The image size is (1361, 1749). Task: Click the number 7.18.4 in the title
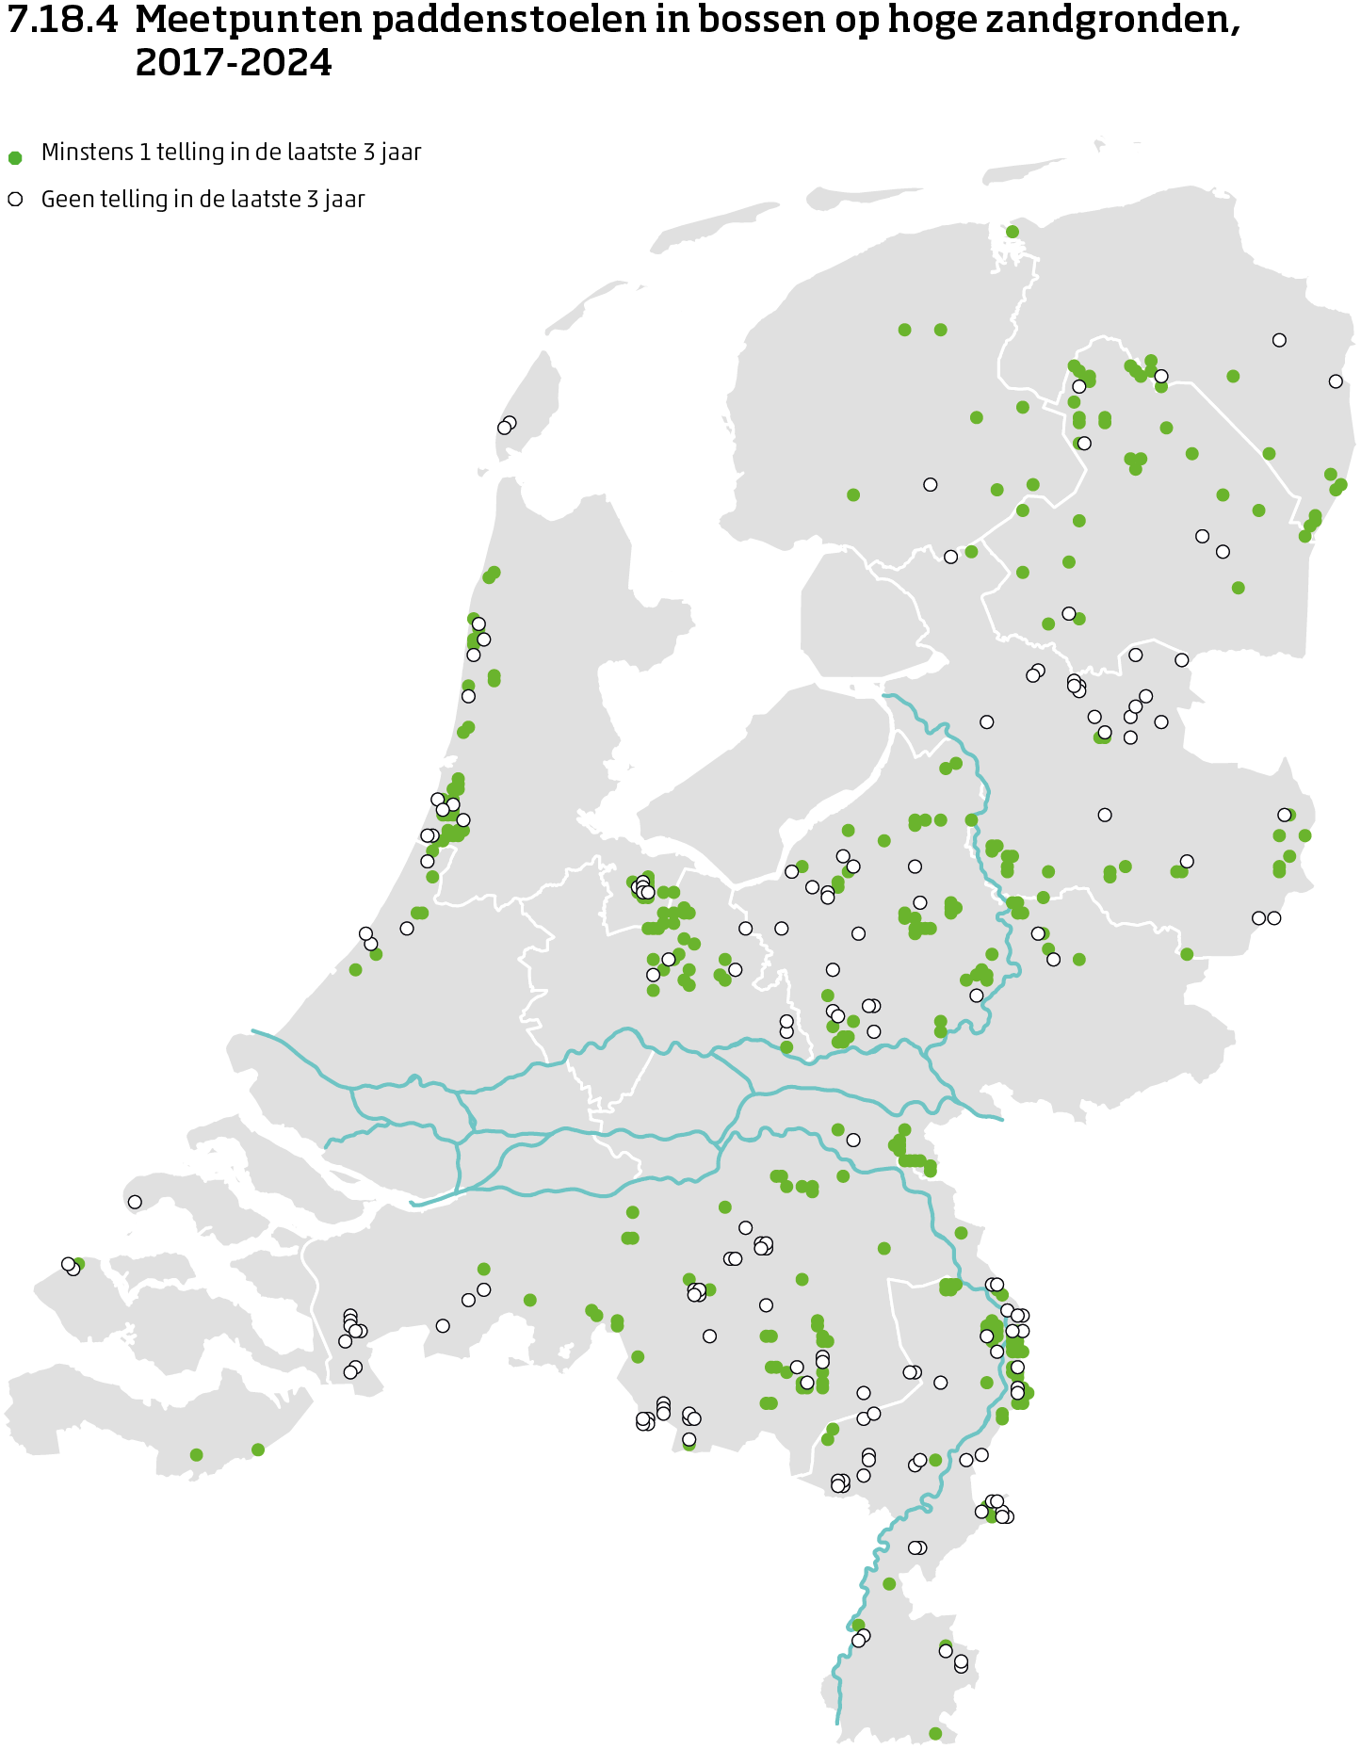(62, 21)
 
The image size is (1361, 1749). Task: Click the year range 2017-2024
(234, 63)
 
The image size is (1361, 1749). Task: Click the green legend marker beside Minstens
(15, 157)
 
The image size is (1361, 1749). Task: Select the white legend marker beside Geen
(15, 200)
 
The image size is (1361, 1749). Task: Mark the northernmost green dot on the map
(1013, 232)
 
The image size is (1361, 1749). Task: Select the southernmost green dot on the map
(935, 1733)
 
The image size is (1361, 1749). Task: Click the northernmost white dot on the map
(1279, 340)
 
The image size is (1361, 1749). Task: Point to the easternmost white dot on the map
(1336, 381)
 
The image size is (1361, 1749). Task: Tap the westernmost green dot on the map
(78, 1264)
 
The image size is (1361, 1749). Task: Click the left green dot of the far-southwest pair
(196, 1455)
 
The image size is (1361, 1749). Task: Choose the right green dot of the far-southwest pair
(258, 1449)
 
